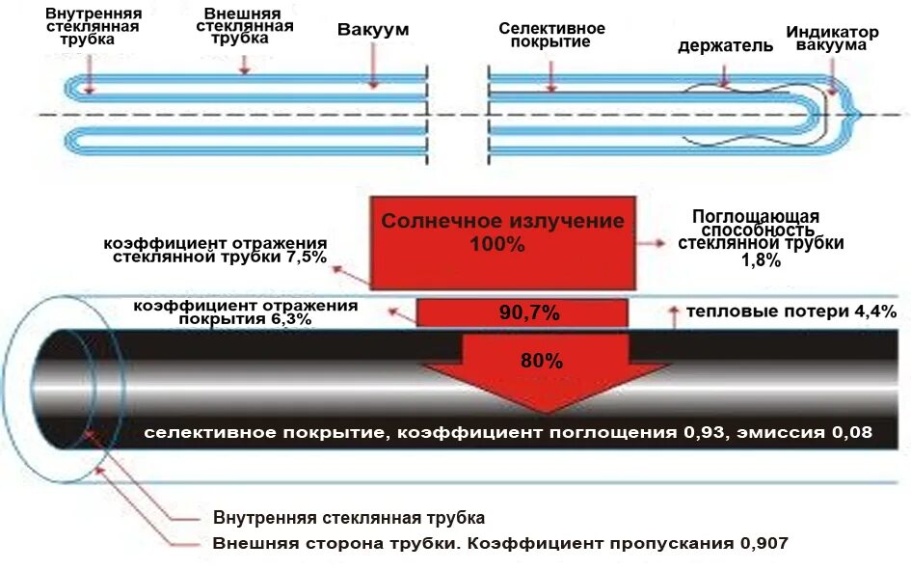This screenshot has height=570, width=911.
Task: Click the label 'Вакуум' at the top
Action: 372,30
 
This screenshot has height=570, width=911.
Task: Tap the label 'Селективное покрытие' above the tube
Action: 551,36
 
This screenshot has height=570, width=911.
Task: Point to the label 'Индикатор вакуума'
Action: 831,39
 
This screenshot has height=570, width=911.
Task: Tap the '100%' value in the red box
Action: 497,246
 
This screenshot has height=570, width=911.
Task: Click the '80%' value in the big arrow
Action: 541,362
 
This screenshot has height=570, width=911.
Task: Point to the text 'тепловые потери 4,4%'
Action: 790,312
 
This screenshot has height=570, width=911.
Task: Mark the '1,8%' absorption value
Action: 761,260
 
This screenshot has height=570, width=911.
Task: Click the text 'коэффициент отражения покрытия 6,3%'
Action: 246,312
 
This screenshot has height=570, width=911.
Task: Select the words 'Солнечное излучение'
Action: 502,221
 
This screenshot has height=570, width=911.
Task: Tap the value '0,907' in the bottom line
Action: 764,543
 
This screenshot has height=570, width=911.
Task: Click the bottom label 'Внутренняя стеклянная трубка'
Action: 348,518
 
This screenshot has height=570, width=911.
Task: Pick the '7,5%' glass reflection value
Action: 305,258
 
